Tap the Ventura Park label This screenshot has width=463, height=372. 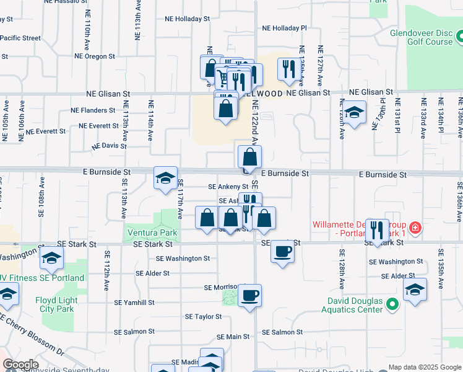click(x=152, y=233)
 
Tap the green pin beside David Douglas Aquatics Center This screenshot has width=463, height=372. click(x=392, y=304)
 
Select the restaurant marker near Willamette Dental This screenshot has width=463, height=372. click(x=376, y=231)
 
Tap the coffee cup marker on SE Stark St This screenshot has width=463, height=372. click(x=282, y=252)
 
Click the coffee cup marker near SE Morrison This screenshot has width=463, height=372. click(x=249, y=296)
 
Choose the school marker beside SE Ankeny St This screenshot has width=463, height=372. click(x=165, y=179)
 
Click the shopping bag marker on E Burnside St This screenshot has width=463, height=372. click(x=249, y=157)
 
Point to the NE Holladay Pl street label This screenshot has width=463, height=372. click(x=284, y=28)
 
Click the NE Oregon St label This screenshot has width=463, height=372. click(x=95, y=56)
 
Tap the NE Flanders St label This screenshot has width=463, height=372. click(x=93, y=110)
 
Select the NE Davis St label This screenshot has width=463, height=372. click(x=109, y=146)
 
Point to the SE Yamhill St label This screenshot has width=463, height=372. click(x=134, y=303)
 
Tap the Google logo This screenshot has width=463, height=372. click(x=20, y=365)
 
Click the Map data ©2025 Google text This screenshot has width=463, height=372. click(x=425, y=367)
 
